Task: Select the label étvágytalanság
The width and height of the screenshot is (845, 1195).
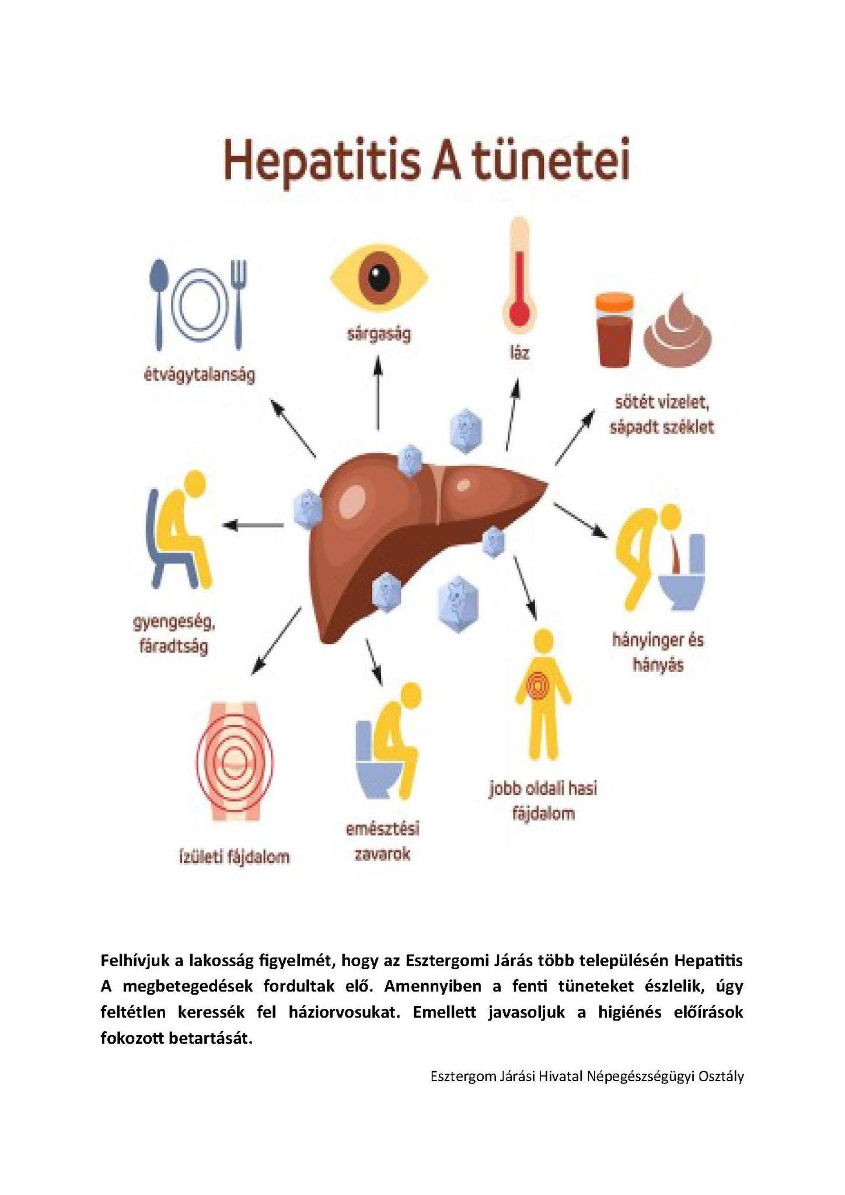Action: tap(200, 375)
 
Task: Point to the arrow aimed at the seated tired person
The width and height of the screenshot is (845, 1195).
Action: tap(253, 525)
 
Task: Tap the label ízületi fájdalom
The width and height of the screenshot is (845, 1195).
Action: tap(234, 857)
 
